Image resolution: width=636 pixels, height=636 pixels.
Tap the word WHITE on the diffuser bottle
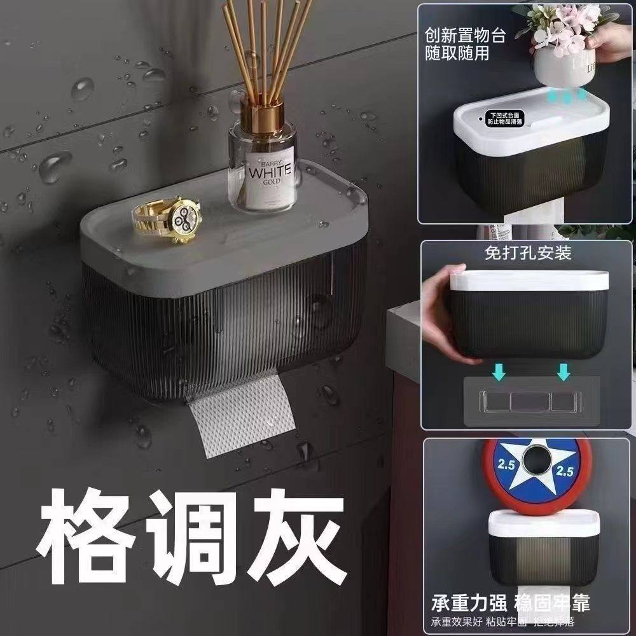point(270,171)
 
